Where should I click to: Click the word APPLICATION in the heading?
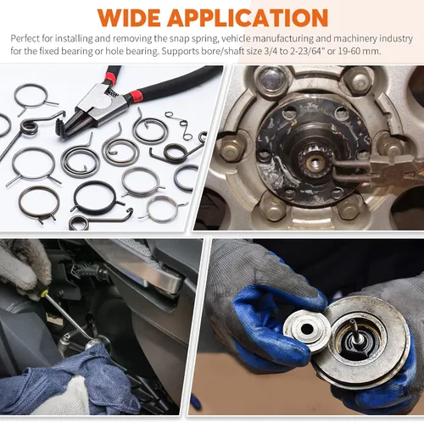249,18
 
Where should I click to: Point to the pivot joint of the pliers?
103,103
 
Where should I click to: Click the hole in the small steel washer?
307,329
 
